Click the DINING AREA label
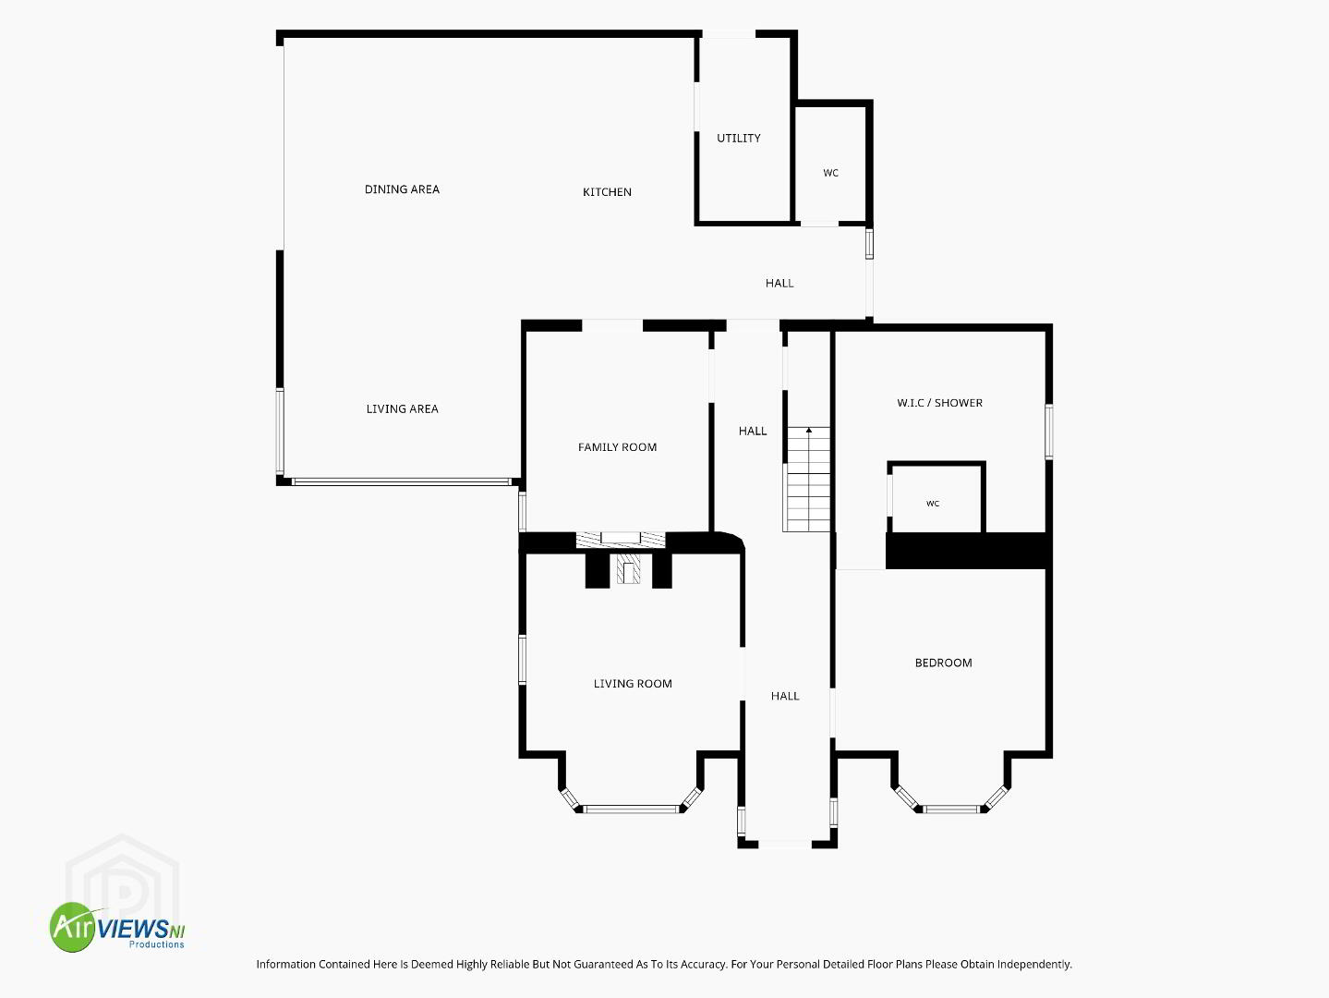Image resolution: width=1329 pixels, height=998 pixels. click(402, 189)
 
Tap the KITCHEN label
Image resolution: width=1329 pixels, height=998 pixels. click(607, 192)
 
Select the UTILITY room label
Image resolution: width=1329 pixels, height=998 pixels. click(739, 138)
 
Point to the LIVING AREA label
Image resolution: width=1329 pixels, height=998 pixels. click(402, 408)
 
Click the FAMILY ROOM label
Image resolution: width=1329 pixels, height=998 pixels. click(617, 447)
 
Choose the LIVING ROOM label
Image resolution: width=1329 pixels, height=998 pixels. click(633, 684)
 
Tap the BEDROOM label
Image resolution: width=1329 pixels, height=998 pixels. click(943, 663)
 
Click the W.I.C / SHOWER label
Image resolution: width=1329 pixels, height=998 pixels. click(939, 403)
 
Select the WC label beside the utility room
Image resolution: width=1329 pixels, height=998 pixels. click(830, 173)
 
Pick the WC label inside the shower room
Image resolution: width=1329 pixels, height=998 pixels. click(933, 504)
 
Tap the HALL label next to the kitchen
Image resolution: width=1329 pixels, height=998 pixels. click(779, 283)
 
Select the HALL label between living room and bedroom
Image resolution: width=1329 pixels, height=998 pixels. click(785, 696)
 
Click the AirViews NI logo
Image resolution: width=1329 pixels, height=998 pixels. click(117, 927)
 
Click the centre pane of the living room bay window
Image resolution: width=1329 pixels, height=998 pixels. click(631, 809)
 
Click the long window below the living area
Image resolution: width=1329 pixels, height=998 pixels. click(402, 482)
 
